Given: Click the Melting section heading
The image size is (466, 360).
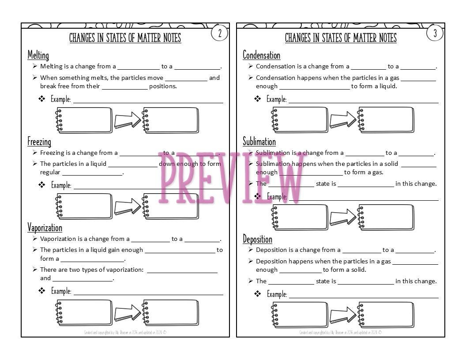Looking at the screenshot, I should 38,55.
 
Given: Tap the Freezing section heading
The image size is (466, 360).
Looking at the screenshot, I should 39,142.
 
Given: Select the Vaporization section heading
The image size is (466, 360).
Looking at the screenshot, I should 45,228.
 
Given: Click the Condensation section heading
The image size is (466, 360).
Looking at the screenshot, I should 261,55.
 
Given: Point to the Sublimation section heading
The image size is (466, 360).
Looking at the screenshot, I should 259,142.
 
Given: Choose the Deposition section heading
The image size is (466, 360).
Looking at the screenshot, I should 257,239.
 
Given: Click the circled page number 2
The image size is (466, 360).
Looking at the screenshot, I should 220,33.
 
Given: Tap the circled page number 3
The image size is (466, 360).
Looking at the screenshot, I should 435,33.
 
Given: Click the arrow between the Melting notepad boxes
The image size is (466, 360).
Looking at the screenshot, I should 127,120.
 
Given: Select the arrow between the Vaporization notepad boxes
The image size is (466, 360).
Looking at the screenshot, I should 127,313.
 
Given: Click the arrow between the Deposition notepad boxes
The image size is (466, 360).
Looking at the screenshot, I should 343,315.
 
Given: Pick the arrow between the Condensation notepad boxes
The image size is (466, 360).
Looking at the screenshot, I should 343,120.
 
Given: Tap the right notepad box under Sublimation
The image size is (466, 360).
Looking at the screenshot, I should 387,217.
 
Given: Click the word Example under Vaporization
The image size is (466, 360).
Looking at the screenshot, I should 61,291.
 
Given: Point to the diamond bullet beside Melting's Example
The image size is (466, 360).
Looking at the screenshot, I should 42,99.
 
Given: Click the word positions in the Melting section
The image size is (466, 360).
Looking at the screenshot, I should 163,86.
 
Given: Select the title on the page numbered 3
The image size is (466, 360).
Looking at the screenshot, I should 341,38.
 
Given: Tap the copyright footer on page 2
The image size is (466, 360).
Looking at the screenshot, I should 125,332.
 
